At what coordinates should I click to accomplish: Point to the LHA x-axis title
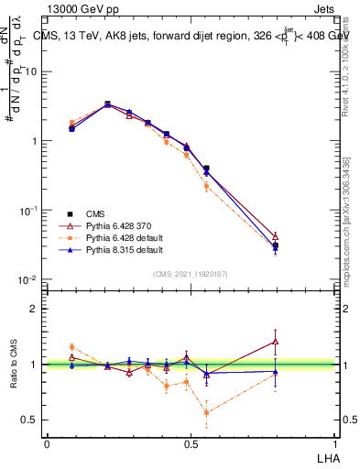tap(326, 457)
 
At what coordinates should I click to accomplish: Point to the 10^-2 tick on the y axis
tap(29, 280)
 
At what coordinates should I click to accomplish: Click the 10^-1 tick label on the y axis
tap(29, 211)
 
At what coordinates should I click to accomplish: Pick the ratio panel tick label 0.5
tap(31, 420)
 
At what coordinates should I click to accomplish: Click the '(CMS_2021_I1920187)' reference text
tap(191, 273)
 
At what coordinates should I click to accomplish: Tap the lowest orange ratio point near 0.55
tap(206, 412)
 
